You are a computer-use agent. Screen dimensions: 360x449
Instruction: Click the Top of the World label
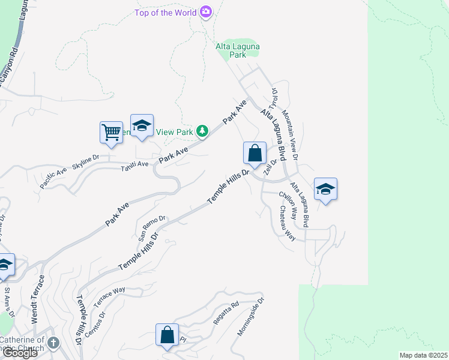pos(166,12)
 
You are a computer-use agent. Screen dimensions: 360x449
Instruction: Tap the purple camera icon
pos(206,11)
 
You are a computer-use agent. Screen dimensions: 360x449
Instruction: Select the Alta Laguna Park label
pos(231,50)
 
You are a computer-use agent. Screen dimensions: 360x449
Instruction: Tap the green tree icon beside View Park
pos(203,131)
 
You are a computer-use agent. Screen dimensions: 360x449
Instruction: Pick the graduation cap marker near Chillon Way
pos(325,190)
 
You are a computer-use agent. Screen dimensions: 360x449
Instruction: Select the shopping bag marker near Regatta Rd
pos(167,335)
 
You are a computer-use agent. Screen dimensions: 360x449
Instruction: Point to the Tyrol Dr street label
pos(274,99)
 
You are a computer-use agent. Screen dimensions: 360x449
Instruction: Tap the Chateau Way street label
pos(287,223)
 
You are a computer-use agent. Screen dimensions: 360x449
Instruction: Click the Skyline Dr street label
pos(86,160)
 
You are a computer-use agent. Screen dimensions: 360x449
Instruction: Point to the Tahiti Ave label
pos(134,164)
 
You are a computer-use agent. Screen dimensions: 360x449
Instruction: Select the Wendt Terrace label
pos(38,300)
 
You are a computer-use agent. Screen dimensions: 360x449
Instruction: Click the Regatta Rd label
pos(227,313)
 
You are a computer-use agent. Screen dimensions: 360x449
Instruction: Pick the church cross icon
pos(53,343)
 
